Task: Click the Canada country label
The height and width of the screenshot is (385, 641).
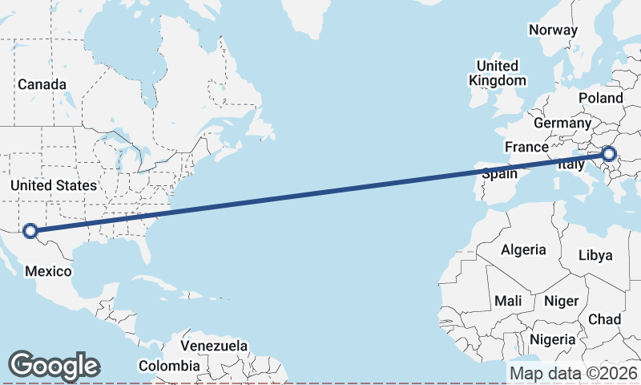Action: click(42, 84)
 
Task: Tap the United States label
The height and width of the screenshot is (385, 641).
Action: click(54, 185)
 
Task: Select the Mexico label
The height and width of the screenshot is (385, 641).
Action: click(48, 272)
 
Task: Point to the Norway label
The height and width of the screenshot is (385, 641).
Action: click(553, 30)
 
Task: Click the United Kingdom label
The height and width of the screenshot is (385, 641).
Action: click(498, 73)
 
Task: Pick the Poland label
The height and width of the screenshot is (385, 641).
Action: click(600, 98)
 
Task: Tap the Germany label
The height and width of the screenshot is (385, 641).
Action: click(562, 124)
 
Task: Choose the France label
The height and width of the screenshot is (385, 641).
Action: click(526, 148)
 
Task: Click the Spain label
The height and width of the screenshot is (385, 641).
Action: click(498, 174)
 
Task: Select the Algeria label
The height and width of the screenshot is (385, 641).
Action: click(523, 249)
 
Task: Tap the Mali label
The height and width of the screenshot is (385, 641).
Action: click(508, 301)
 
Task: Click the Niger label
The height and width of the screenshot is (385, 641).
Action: click(561, 301)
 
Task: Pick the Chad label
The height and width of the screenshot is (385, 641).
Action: click(604, 319)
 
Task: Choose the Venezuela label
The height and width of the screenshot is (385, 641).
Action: click(213, 346)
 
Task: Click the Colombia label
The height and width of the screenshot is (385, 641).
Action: click(169, 366)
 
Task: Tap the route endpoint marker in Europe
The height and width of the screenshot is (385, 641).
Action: click(608, 154)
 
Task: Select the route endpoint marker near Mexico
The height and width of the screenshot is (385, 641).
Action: click(30, 231)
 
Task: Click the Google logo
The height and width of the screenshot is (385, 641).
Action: click(54, 366)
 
